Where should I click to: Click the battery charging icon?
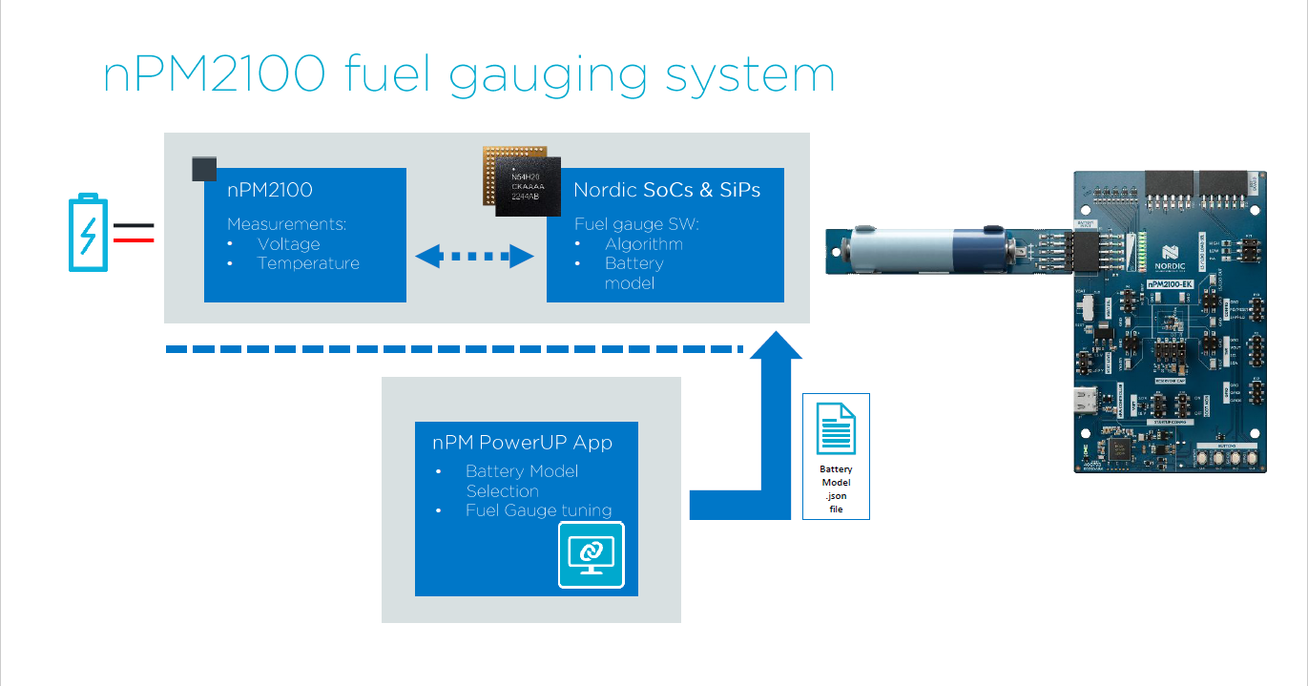point(88,234)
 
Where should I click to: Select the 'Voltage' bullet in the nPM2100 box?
point(288,244)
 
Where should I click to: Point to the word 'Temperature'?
point(308,263)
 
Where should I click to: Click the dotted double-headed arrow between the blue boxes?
point(475,256)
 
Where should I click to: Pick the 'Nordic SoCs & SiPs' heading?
point(667,190)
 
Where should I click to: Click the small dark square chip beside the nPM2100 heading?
point(204,169)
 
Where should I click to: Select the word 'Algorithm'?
point(643,244)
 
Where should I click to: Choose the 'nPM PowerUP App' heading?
point(522,443)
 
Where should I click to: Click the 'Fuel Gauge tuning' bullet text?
point(538,510)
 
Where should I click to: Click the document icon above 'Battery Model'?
point(836,428)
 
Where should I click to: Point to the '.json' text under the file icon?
point(836,496)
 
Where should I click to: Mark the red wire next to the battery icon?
point(135,239)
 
